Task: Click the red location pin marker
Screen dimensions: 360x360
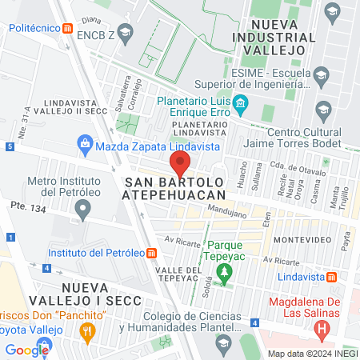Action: coord(180,164)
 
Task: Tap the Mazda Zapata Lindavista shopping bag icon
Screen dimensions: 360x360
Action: coord(85,146)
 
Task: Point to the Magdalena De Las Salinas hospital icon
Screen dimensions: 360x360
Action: coord(322,327)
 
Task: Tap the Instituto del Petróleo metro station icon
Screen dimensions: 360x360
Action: coord(152,253)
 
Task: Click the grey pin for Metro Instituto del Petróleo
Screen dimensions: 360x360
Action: coord(81,211)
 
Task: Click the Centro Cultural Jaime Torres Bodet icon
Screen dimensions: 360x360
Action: coord(324,109)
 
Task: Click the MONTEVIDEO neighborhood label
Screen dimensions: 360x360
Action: coord(301,240)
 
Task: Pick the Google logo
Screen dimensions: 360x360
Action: coord(27,349)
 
